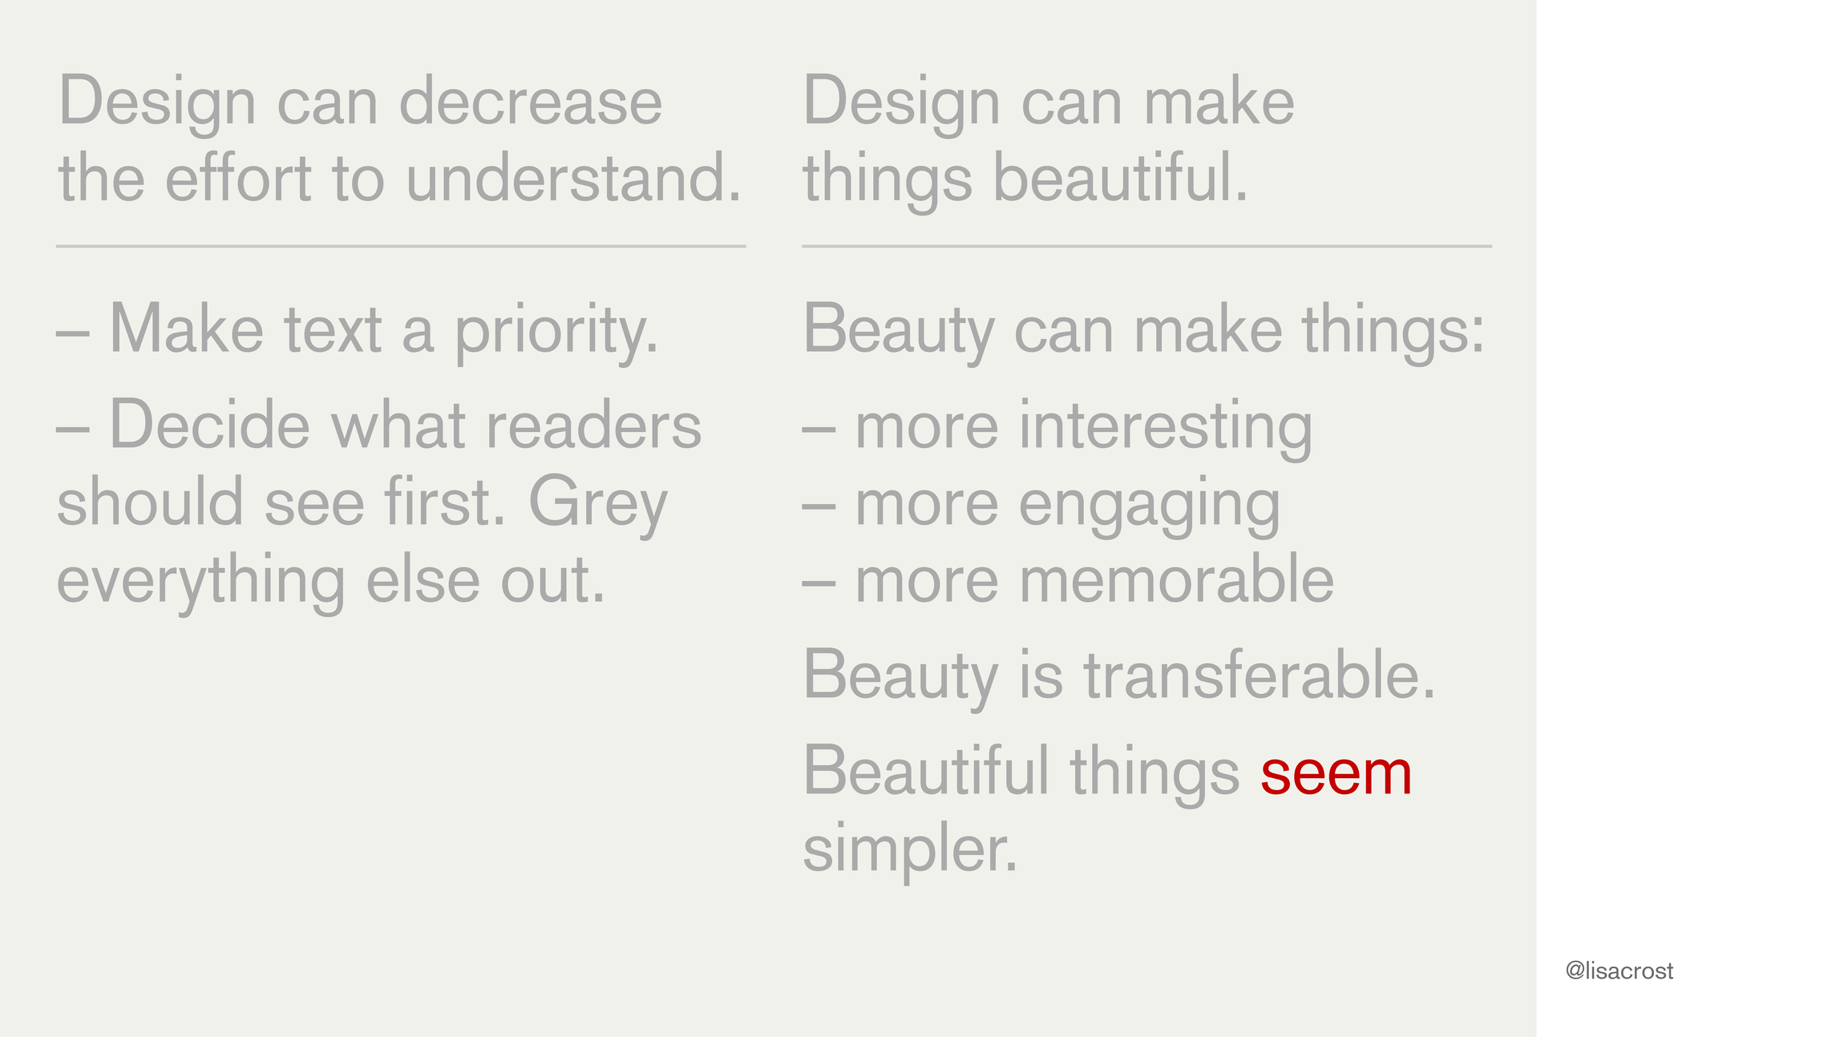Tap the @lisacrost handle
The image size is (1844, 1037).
[1619, 971]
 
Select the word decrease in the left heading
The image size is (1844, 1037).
[531, 102]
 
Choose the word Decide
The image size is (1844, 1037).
[209, 425]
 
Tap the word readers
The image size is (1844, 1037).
[594, 425]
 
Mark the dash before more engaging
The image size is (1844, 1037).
[819, 506]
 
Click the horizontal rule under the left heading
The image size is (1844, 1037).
[401, 246]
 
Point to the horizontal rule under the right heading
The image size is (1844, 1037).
[1146, 246]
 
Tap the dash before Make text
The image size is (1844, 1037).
[73, 334]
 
